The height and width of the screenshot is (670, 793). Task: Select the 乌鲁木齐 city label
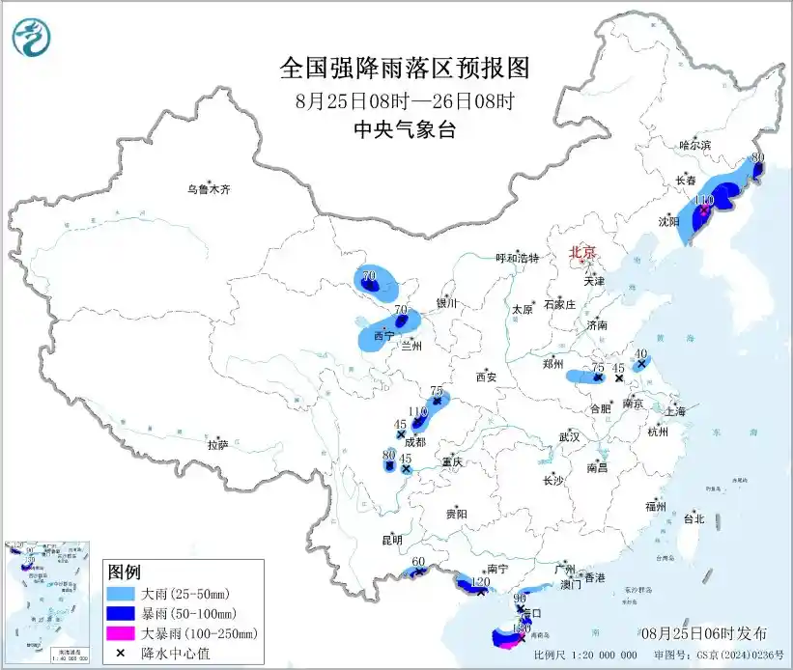210,190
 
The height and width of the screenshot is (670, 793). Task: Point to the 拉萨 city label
216,444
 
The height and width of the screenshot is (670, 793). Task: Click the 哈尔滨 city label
694,145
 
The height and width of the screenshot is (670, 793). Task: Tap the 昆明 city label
391,539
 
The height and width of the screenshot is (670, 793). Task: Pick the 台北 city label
694,518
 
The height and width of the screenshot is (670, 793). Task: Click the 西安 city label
485,377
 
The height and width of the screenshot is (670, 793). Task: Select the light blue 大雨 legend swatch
125,593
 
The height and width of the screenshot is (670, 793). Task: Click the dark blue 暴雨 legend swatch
125,613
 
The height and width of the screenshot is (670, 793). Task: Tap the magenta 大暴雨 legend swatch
125,633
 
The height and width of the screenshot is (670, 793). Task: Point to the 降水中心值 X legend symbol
125,653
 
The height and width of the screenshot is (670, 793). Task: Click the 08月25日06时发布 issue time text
704,633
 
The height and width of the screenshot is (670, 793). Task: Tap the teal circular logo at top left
31,37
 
